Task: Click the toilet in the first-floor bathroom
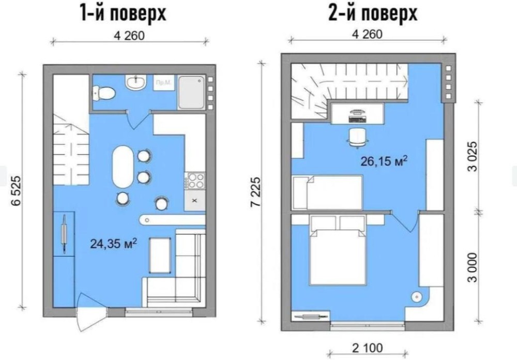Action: (x=103, y=93)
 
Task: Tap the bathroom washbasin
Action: (x=135, y=82)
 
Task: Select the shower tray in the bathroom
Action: (x=191, y=93)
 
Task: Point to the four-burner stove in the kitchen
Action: (x=194, y=181)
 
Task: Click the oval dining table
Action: (x=123, y=167)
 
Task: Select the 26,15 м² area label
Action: (x=384, y=161)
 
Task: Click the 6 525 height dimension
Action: (x=16, y=191)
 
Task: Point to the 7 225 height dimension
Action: (x=255, y=192)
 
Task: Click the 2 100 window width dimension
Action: (x=368, y=348)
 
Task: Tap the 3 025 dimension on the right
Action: (x=473, y=156)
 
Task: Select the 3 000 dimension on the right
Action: (x=473, y=267)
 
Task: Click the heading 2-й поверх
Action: (x=373, y=13)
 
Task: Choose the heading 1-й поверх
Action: (x=124, y=13)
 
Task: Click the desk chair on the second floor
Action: (x=358, y=137)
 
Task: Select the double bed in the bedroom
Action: (x=338, y=250)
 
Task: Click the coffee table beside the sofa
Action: (x=160, y=255)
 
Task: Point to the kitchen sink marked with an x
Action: (x=194, y=200)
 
